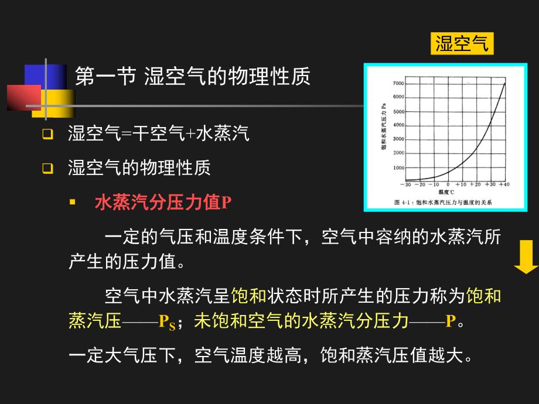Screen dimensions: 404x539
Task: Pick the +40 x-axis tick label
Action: point(503,184)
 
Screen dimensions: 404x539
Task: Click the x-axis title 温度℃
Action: point(446,191)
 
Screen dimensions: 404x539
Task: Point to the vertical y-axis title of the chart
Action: point(384,129)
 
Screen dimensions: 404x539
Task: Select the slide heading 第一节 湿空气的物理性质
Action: point(193,76)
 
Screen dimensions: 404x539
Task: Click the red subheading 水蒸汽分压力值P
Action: point(163,203)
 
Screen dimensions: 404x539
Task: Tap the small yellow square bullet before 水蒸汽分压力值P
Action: point(73,202)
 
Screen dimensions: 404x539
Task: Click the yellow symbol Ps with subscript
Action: point(167,322)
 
